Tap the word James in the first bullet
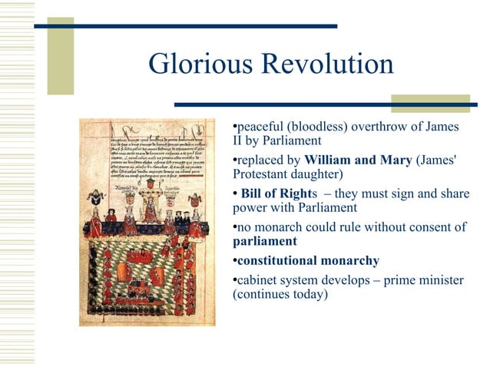[440, 126]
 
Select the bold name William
[329, 160]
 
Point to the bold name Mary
[394, 160]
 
